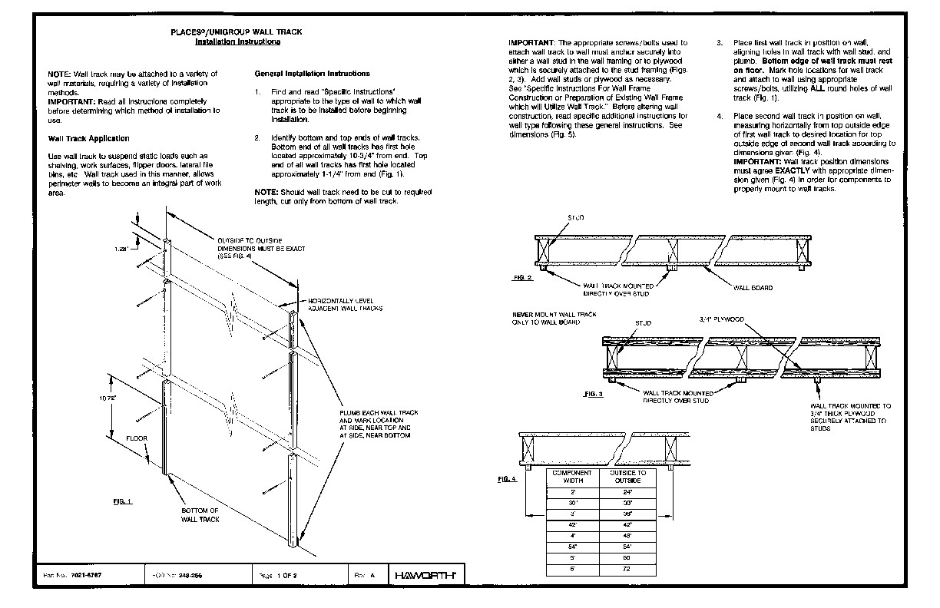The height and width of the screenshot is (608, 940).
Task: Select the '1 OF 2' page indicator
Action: [287, 575]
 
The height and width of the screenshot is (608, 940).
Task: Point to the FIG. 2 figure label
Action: [523, 276]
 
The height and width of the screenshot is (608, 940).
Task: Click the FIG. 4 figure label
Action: [508, 479]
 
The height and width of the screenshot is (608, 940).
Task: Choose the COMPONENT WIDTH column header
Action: [572, 477]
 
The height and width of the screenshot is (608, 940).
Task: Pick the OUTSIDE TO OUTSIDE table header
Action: [628, 477]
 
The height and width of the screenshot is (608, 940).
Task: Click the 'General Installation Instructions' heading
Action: [312, 74]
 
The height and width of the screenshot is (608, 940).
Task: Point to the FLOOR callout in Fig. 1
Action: [137, 438]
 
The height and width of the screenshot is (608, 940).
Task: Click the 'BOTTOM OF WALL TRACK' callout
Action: [200, 515]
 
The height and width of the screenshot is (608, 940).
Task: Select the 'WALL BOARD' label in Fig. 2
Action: [753, 289]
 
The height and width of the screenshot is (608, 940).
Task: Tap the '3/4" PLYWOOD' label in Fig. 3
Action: [722, 319]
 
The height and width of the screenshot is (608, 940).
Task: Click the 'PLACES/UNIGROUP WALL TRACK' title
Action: [236, 33]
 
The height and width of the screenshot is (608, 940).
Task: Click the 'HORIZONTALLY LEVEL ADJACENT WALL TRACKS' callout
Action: [345, 304]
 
